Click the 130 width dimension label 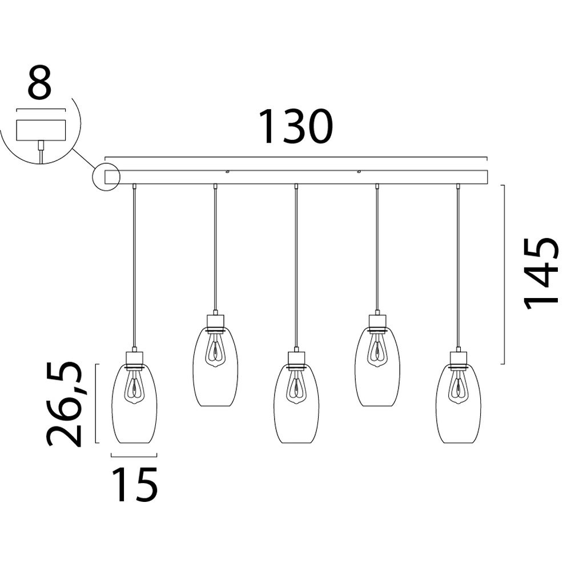pyautogui.click(x=295, y=127)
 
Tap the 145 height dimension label pyautogui.click(x=541, y=273)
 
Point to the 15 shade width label pyautogui.click(x=134, y=485)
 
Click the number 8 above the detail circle pyautogui.click(x=40, y=84)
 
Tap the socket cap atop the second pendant pyautogui.click(x=215, y=321)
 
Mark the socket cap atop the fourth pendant pyautogui.click(x=377, y=321)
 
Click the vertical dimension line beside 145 pyautogui.click(x=502, y=274)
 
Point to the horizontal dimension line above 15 pyautogui.click(x=134, y=456)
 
